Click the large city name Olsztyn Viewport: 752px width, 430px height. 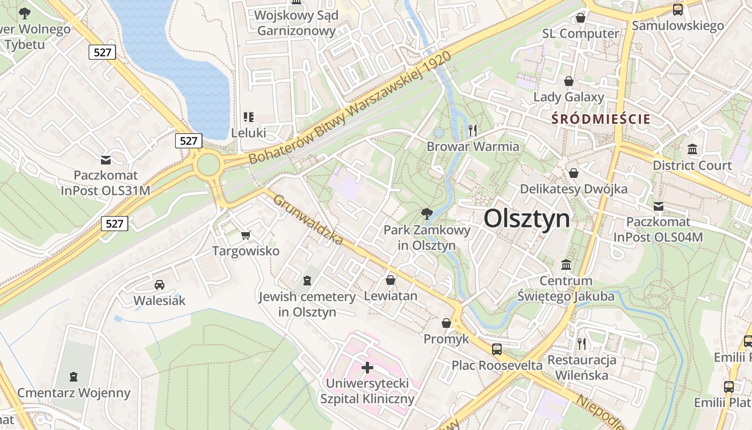tap(526, 219)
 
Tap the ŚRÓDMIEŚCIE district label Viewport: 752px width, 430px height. tap(601, 119)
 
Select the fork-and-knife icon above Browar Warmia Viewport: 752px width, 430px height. tap(473, 130)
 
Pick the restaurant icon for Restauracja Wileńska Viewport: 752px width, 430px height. tap(581, 343)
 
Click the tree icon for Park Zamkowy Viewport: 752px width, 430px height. tap(427, 214)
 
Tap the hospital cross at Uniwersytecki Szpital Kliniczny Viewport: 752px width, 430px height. tap(367, 368)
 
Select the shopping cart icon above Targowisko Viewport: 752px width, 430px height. tap(246, 235)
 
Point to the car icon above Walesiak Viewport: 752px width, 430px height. tap(160, 284)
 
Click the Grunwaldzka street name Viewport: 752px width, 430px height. tap(308, 219)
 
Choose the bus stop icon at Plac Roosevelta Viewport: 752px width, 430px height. tap(497, 349)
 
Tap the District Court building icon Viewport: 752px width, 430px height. tap(692, 149)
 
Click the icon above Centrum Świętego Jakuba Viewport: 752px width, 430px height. tap(566, 265)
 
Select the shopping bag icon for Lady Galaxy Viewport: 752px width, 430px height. tap(568, 81)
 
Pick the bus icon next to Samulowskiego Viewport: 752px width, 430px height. tap(678, 9)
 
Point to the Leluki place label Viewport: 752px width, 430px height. tap(248, 132)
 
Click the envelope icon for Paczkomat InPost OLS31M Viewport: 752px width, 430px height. tap(106, 160)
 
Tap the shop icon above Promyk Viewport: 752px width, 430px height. tap(446, 323)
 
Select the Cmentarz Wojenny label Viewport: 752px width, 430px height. tap(74, 393)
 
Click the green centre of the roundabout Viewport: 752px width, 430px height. tap(208, 165)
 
